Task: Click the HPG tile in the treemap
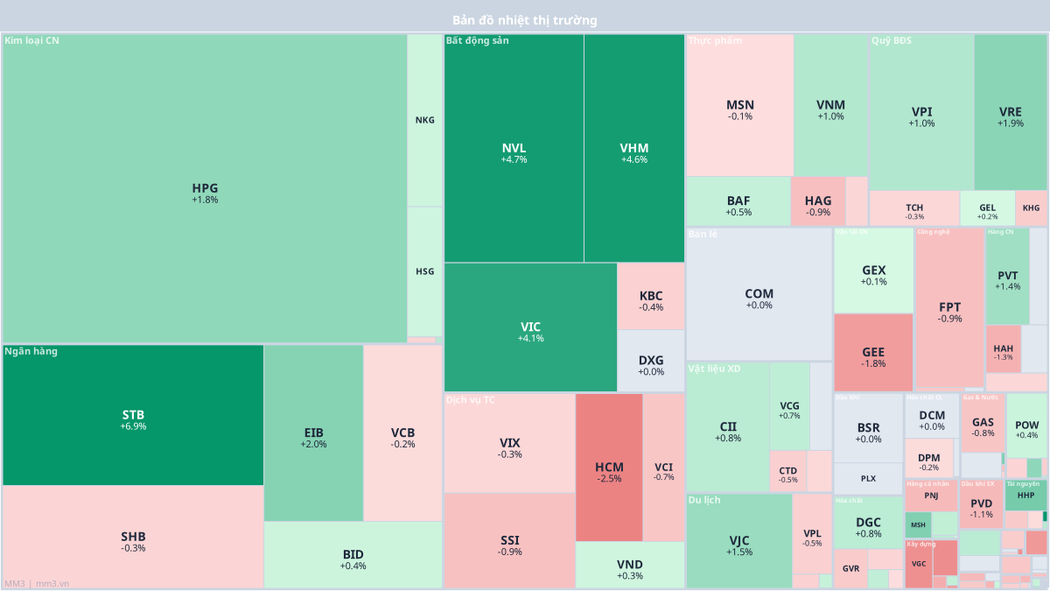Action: tap(205, 193)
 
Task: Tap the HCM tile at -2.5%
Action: tap(609, 468)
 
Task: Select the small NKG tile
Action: tap(424, 121)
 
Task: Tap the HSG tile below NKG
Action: tap(424, 271)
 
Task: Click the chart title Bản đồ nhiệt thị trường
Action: tap(525, 19)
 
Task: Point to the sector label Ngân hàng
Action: tap(31, 351)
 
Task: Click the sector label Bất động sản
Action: tap(477, 40)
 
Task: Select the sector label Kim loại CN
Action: tap(31, 40)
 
